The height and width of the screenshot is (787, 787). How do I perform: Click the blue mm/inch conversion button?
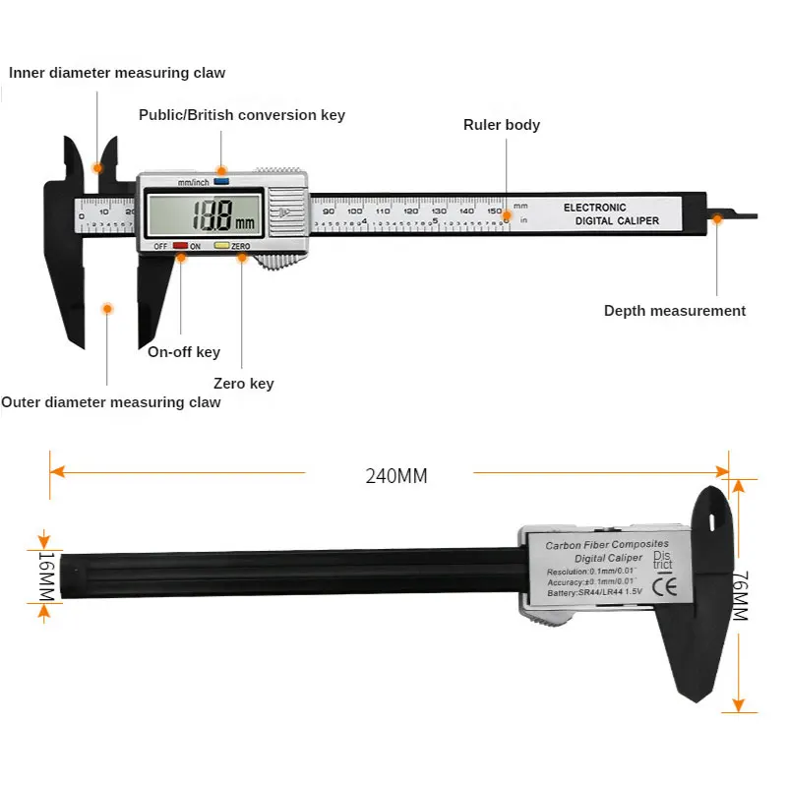pyautogui.click(x=221, y=181)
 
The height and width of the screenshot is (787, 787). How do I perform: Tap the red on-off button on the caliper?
pyautogui.click(x=181, y=246)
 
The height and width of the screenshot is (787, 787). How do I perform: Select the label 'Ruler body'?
pyautogui.click(x=502, y=125)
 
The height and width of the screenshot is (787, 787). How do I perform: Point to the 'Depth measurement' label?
pyautogui.click(x=675, y=311)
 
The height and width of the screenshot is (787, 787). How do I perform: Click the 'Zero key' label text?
pyautogui.click(x=244, y=384)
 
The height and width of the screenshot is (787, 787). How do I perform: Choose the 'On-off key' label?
pyautogui.click(x=184, y=352)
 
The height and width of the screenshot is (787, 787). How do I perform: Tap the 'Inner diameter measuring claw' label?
pyautogui.click(x=117, y=73)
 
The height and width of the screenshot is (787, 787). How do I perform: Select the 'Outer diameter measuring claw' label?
pyautogui.click(x=111, y=402)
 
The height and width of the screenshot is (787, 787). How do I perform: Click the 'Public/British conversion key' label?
pyautogui.click(x=242, y=115)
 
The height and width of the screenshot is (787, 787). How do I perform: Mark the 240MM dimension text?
pyautogui.click(x=396, y=476)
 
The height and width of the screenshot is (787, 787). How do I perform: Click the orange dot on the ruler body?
pyautogui.click(x=507, y=215)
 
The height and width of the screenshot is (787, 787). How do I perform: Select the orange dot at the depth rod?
pyautogui.click(x=717, y=218)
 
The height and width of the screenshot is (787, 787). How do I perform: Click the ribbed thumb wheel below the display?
pyautogui.click(x=280, y=261)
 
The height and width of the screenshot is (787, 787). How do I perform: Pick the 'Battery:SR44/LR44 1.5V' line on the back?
pyautogui.click(x=593, y=592)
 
